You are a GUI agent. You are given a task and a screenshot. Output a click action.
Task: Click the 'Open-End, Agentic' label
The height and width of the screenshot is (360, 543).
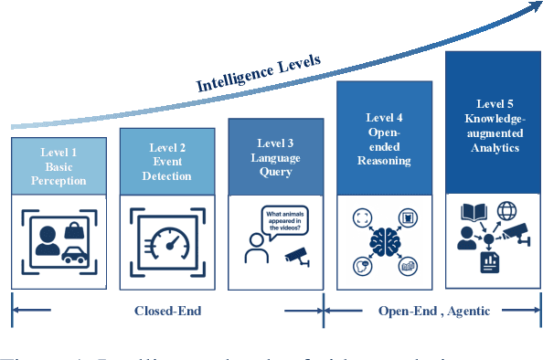(x=434, y=311)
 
